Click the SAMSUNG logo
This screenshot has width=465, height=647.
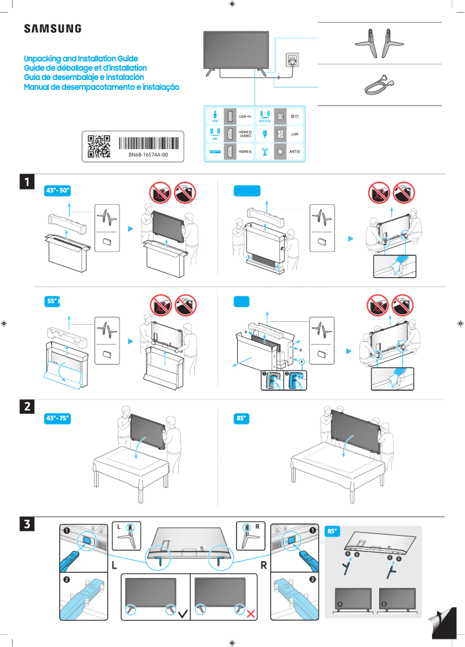click(x=52, y=28)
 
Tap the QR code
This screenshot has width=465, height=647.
click(x=99, y=146)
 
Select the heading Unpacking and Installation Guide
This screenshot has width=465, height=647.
click(x=81, y=59)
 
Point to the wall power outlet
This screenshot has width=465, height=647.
click(x=291, y=60)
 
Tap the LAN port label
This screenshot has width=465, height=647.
click(x=294, y=134)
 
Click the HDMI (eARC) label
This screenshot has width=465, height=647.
click(x=246, y=134)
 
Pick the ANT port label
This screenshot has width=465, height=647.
click(x=294, y=152)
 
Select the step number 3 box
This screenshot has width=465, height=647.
click(x=27, y=524)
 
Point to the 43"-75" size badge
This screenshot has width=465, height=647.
click(x=58, y=418)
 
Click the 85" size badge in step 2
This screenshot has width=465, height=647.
click(x=241, y=418)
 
